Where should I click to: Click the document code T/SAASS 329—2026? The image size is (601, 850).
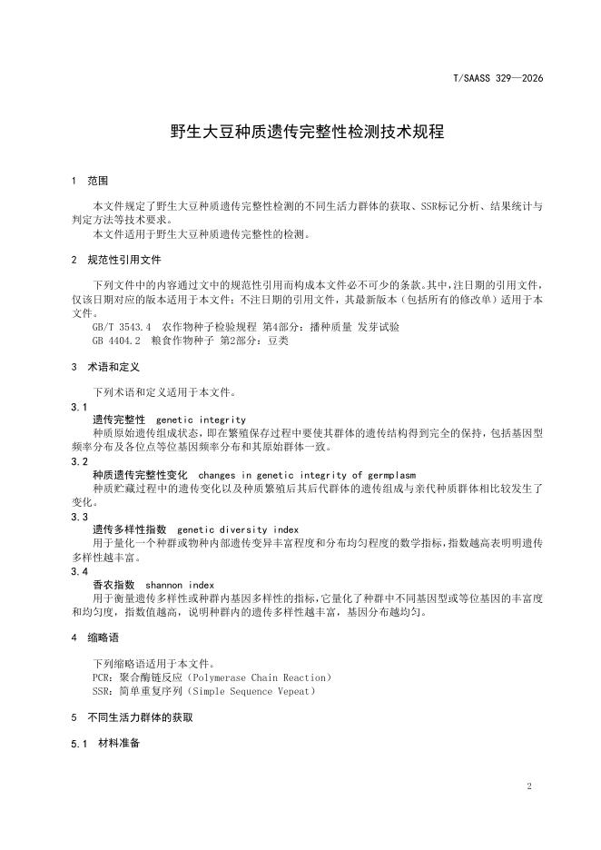[498, 79]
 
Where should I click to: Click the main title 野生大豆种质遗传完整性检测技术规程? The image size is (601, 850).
[307, 132]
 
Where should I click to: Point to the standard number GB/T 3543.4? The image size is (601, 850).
[123, 325]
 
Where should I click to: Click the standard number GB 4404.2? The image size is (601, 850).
[118, 341]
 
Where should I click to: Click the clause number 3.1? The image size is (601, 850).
[80, 407]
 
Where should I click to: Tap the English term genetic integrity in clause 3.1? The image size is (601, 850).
[201, 420]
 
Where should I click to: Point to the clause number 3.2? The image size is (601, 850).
[80, 461]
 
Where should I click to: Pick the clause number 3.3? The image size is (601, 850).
[80, 517]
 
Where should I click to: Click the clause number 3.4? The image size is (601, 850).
[80, 571]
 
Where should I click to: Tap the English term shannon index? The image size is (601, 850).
[180, 585]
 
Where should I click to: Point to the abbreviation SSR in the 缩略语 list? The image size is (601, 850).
[102, 691]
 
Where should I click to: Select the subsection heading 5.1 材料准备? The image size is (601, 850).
[105, 744]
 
